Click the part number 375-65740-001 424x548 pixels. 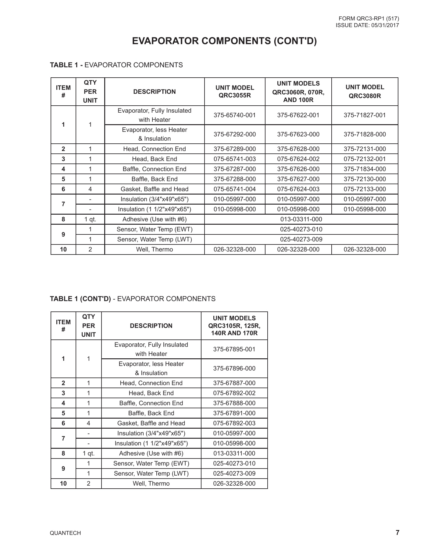pos(234,115)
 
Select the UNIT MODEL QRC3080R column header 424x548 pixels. pos(365,92)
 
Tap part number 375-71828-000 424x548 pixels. pos(365,134)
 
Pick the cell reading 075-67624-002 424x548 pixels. pos(298,159)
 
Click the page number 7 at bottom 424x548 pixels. pos(397,532)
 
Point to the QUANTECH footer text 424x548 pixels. pos(65,533)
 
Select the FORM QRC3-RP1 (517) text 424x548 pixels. pos(369,19)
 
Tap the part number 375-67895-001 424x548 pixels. pos(234,349)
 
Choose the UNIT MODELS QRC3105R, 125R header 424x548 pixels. pos(234,326)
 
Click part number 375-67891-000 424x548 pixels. pos(234,413)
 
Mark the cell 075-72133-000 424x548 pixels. pos(365,189)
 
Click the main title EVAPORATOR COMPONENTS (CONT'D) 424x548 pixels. pos(224,41)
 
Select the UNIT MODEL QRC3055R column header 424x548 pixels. pos(234,92)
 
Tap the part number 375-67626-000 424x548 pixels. pos(298,169)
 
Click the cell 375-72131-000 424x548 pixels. pos(365,149)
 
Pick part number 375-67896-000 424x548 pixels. pos(234,368)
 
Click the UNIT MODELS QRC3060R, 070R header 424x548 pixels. pos(298,92)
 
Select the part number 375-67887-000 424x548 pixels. pos(234,383)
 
